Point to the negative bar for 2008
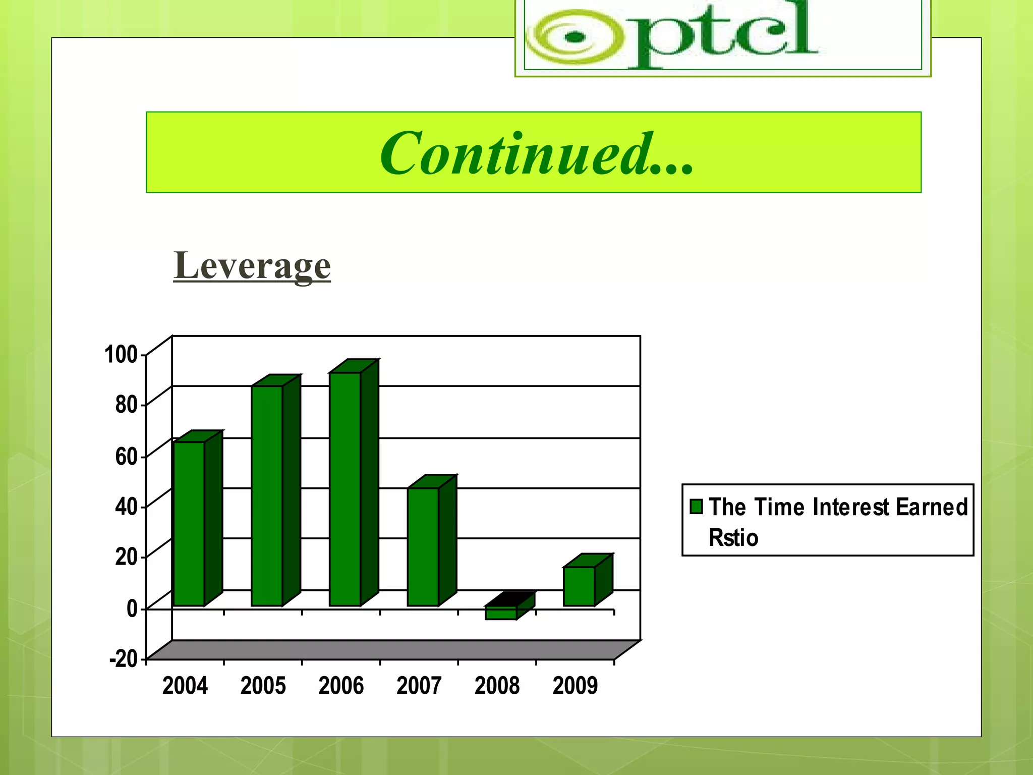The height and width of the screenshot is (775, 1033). tap(501, 612)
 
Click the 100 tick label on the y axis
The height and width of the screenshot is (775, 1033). tap(121, 354)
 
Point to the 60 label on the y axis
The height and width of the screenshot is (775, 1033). tap(126, 456)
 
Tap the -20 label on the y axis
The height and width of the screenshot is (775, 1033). tap(124, 658)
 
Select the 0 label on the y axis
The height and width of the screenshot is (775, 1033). tap(132, 608)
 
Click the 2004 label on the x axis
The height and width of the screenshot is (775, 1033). tap(185, 686)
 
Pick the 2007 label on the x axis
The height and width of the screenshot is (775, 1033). tap(419, 686)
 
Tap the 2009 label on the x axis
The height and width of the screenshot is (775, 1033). tap(575, 686)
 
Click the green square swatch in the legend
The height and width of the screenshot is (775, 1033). tap(697, 506)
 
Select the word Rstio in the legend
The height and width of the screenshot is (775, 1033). tap(733, 538)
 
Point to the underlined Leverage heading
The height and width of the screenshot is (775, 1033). tap(252, 265)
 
